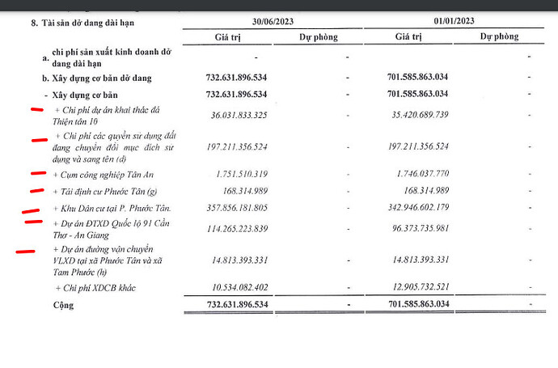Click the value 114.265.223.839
(x=229, y=229)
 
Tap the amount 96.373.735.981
(x=413, y=229)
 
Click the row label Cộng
(x=63, y=306)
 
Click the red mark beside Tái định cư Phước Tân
(x=36, y=191)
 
